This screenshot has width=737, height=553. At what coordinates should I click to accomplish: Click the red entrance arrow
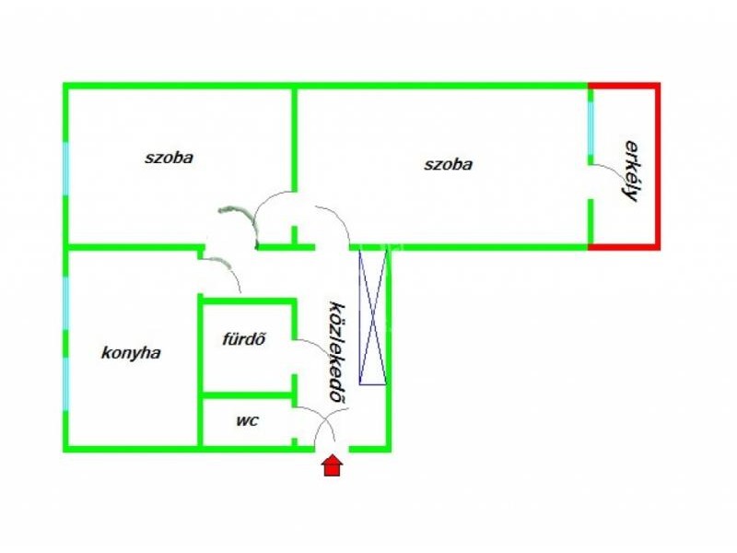click(x=332, y=465)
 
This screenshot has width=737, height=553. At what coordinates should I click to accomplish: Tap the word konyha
click(x=131, y=353)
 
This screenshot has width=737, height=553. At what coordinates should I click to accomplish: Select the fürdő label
click(x=243, y=338)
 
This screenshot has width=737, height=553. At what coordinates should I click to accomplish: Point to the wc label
click(x=247, y=420)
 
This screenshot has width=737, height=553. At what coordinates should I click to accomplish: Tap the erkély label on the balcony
click(x=631, y=171)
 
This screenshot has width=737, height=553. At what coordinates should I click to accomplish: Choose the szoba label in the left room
click(x=169, y=157)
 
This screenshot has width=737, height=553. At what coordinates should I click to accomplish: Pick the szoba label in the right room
click(x=448, y=164)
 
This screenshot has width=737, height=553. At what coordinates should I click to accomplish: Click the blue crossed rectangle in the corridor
click(x=373, y=317)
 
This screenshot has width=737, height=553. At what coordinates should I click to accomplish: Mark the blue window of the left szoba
click(x=65, y=170)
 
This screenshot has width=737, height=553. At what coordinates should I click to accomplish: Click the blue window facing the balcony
click(x=591, y=128)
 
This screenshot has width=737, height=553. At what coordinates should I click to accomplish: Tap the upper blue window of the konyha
click(x=65, y=303)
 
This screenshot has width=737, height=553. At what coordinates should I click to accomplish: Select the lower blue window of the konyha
click(x=65, y=383)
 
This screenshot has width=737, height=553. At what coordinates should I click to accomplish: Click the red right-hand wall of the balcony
click(x=658, y=166)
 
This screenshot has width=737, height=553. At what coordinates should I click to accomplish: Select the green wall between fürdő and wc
click(x=248, y=395)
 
